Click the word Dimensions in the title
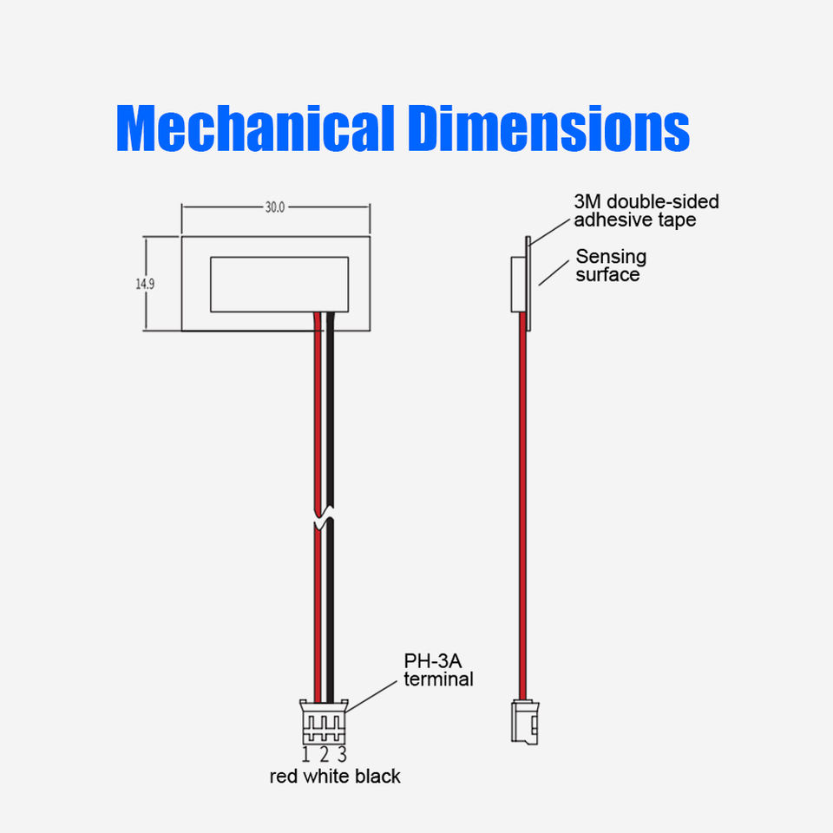[x=548, y=129]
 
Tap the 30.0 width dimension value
[x=274, y=207]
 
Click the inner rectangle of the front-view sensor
[x=279, y=284]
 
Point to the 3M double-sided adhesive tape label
[x=646, y=211]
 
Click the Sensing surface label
[x=611, y=266]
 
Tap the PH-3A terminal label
[x=438, y=670]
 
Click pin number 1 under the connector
[x=305, y=754]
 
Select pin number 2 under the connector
[x=323, y=754]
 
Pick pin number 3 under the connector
[x=342, y=754]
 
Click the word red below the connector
[x=284, y=776]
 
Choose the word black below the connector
[x=377, y=776]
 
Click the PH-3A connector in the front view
[x=324, y=722]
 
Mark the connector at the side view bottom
[x=523, y=720]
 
